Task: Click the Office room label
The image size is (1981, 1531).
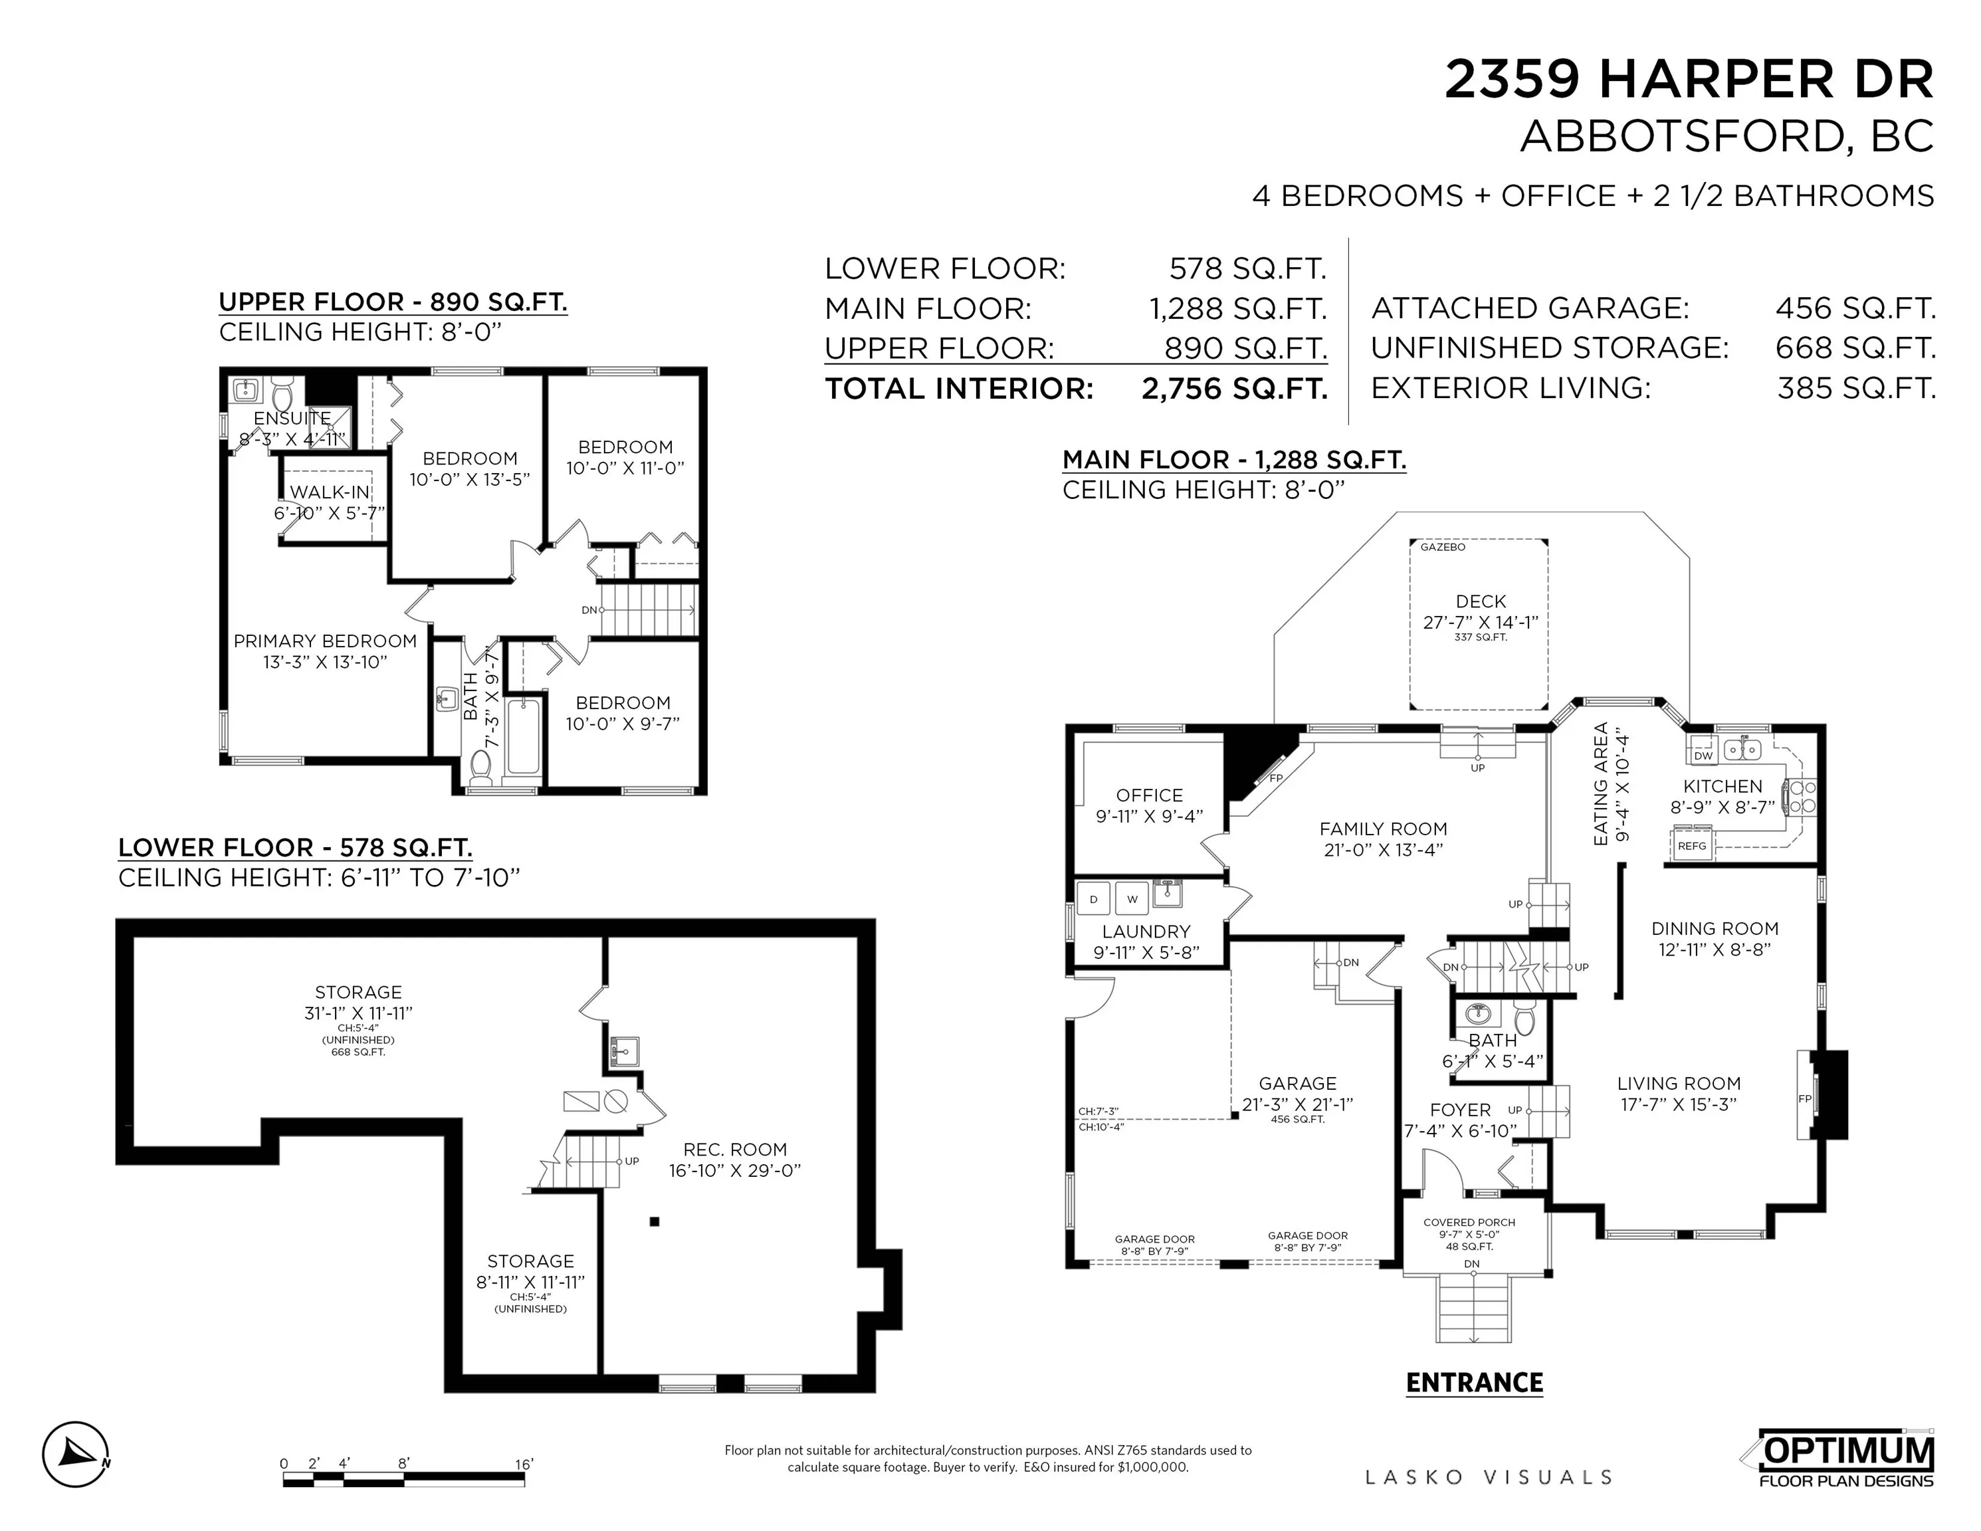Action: click(1149, 795)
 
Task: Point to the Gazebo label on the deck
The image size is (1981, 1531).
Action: click(1442, 547)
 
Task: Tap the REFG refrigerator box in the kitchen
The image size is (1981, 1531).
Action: click(1692, 845)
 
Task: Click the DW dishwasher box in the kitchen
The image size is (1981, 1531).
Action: click(1703, 755)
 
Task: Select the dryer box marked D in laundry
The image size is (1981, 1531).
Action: click(1093, 899)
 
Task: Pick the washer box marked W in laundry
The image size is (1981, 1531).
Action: click(1132, 899)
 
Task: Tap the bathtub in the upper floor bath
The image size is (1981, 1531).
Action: click(524, 736)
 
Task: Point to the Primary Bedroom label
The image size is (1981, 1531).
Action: click(325, 641)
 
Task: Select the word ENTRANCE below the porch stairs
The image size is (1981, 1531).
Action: click(1474, 1383)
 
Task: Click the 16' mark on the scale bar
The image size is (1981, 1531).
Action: click(524, 1464)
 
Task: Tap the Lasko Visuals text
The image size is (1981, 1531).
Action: click(1489, 1477)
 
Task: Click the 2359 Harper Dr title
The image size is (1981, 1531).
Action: click(1689, 80)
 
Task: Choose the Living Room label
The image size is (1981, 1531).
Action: click(1679, 1084)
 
